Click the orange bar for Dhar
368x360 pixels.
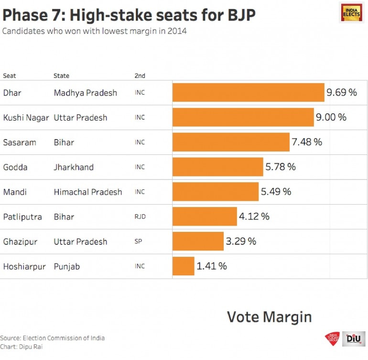point(248,93)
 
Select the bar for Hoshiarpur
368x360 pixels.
point(184,266)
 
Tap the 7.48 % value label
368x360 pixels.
point(306,142)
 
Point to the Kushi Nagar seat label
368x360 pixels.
point(26,118)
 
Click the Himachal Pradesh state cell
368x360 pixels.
point(87,192)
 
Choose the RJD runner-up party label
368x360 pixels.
point(140,217)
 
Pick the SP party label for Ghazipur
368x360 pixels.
point(138,242)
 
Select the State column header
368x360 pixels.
point(61,76)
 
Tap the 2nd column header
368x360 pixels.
point(140,76)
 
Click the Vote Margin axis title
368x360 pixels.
point(269,316)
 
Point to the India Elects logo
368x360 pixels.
point(351,12)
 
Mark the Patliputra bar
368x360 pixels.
point(205,217)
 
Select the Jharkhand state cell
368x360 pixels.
point(74,167)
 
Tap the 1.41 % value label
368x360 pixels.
point(211,266)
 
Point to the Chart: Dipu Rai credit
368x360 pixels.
point(21,347)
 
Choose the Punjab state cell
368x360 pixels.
point(66,267)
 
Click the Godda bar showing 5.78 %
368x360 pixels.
point(217,167)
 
